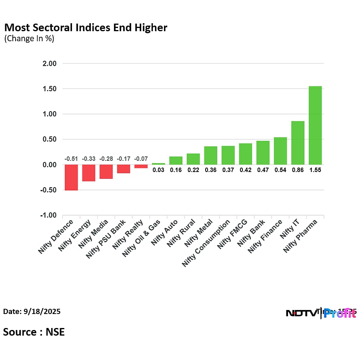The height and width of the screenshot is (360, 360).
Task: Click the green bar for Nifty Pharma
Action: (315, 125)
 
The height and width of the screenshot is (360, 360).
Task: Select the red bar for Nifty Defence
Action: (71, 177)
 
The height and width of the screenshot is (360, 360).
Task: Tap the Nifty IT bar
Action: (298, 143)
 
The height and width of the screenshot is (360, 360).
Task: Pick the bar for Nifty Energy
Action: (89, 173)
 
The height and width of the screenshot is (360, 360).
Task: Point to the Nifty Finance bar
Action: (280, 151)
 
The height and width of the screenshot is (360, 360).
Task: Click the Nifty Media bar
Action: (106, 172)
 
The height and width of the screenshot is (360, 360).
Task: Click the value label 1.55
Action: (315, 170)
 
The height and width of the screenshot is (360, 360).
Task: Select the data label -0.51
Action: (71, 159)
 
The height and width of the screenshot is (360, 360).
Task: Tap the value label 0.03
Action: (158, 170)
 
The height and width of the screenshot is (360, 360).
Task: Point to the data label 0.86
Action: (298, 170)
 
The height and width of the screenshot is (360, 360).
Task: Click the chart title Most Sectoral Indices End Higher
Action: (86, 28)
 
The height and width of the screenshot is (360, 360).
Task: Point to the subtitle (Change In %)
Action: (29, 39)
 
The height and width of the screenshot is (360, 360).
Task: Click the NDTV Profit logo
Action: (321, 313)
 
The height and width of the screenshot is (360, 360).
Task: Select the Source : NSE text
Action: (34, 332)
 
